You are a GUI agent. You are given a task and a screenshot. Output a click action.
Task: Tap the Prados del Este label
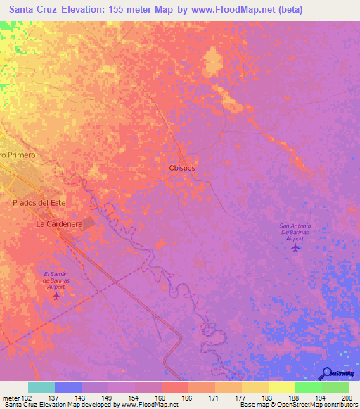click(39, 202)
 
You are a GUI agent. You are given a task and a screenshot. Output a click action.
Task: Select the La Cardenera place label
click(60, 224)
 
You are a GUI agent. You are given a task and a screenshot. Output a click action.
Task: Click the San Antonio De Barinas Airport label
click(295, 232)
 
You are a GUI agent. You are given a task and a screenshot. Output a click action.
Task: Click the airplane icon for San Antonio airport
click(295, 247)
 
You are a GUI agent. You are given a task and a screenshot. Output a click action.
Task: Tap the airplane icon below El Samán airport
click(56, 295)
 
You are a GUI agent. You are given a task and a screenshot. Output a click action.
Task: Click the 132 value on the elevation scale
click(26, 397)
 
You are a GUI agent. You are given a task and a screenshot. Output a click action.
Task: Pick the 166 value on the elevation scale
click(188, 397)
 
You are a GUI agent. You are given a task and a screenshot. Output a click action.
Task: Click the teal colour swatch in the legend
click(41, 387)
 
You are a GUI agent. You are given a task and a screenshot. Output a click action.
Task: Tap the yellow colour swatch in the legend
click(281, 387)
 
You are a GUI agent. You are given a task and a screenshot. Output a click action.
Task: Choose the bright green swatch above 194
click(308, 387)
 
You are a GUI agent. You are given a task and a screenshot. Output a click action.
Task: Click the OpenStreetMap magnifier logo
click(326, 373)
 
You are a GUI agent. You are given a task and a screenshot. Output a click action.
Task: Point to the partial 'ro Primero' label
click(18, 154)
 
